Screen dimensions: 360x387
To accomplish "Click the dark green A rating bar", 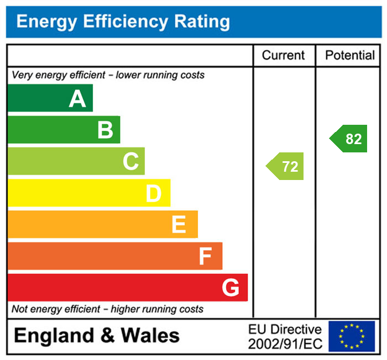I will [50, 98].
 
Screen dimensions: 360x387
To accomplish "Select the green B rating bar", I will [64, 130].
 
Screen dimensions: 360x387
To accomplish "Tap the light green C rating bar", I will [76, 161].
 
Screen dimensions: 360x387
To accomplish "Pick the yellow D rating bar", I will [88, 193].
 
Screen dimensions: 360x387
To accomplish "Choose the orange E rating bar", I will [102, 224].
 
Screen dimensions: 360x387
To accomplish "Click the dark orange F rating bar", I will [114, 256].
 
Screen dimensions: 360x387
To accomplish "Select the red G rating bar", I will [127, 287].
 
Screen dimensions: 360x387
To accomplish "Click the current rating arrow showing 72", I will [286, 166].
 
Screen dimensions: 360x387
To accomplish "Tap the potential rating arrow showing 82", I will [349, 139].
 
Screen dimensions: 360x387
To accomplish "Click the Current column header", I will [283, 55].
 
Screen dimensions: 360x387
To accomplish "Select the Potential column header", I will [350, 55].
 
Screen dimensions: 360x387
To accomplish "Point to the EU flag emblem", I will [352, 336].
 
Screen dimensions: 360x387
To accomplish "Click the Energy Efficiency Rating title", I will [123, 22].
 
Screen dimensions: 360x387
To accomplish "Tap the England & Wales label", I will [97, 335].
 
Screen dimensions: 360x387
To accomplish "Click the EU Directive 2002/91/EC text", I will [285, 337].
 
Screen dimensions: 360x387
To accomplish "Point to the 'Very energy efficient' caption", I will [108, 75].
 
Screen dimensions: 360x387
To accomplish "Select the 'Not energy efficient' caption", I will [107, 309].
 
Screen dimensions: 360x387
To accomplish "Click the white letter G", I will [230, 288].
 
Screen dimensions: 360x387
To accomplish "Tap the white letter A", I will [77, 99].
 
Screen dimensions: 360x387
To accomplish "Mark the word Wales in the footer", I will [150, 335].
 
